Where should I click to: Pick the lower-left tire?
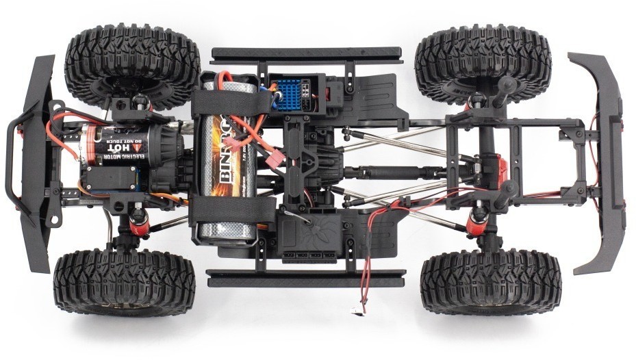pos(123,281)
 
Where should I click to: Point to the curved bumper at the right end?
pos(602,161)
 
